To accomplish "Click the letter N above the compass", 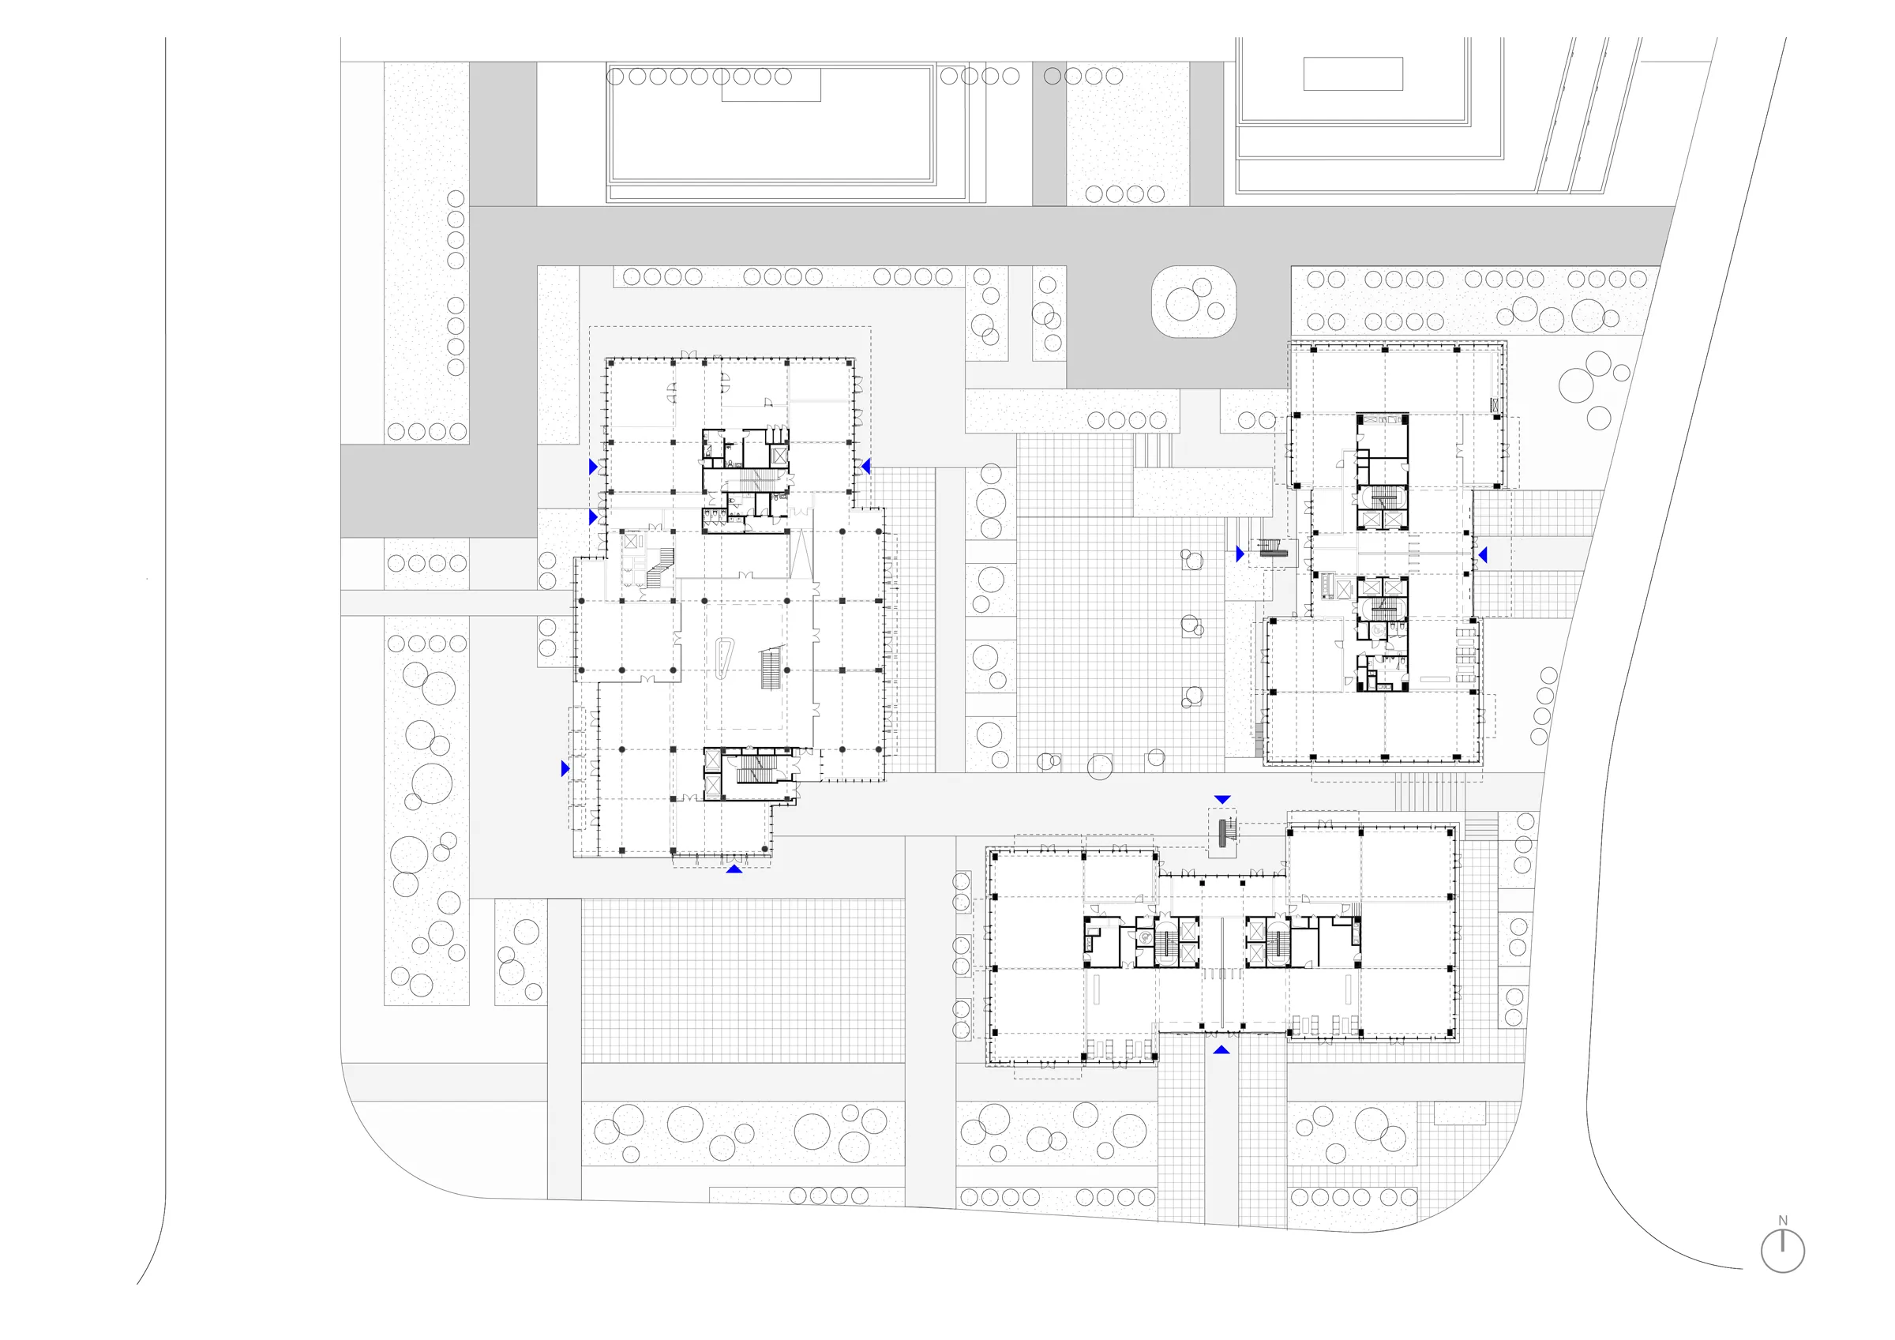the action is pyautogui.click(x=1783, y=1220).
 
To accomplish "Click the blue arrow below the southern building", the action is pyautogui.click(x=1221, y=1049).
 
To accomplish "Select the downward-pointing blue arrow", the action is pyautogui.click(x=1222, y=799).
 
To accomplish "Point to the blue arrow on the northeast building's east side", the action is pyautogui.click(x=1482, y=555).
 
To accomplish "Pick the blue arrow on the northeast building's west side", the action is pyautogui.click(x=1240, y=554).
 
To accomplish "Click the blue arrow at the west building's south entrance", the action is pyautogui.click(x=734, y=869).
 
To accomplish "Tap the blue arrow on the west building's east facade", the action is pyautogui.click(x=866, y=467).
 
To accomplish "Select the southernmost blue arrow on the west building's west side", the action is pyautogui.click(x=565, y=768).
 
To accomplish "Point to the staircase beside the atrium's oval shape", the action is pyautogui.click(x=770, y=667).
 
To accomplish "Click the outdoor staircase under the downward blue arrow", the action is pyautogui.click(x=1223, y=832).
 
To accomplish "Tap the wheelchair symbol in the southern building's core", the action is pyautogui.click(x=1145, y=937).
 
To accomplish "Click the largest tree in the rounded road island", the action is pyautogui.click(x=1182, y=304).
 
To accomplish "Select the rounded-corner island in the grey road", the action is pyautogui.click(x=1193, y=302).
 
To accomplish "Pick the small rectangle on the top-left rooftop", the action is pyautogui.click(x=771, y=85).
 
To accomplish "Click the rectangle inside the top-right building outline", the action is pyautogui.click(x=1353, y=73).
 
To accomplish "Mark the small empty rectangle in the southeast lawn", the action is pyautogui.click(x=1459, y=1113).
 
